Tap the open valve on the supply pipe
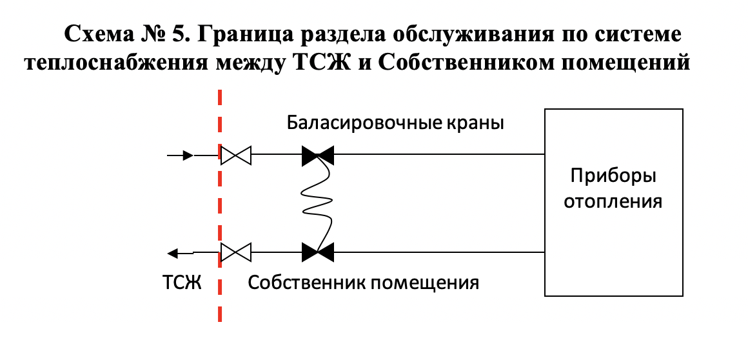pos(235,155)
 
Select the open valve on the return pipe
pos(235,252)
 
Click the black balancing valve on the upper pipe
pos(317,155)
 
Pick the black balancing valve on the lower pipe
pos(317,252)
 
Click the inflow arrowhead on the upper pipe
pos(188,155)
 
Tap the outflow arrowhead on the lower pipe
pos(172,252)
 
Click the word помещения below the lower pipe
pos(426,282)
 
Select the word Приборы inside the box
pos(613,176)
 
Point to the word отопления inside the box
pos(613,201)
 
